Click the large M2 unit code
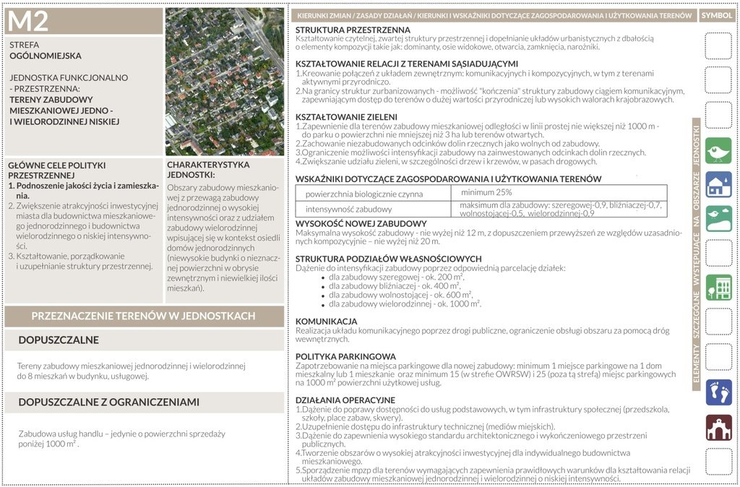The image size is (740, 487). point(29,22)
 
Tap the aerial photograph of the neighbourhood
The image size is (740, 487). point(225,82)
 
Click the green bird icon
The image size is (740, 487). point(718,150)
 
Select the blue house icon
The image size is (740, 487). point(718,184)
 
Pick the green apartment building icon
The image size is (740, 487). point(718,288)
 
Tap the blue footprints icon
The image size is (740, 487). point(718,392)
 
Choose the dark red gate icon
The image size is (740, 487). point(718,427)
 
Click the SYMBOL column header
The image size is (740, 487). point(717,15)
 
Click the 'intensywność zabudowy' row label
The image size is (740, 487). point(343,209)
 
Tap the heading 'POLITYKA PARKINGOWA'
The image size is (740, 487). point(345,356)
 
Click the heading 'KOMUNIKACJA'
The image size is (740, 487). point(326,321)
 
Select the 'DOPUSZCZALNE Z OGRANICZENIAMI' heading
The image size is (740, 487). point(108,402)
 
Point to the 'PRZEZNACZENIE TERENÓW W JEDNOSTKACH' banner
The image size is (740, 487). point(143,316)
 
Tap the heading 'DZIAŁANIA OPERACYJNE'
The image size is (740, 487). point(345,400)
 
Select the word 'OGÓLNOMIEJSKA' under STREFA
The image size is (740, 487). point(46,56)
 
